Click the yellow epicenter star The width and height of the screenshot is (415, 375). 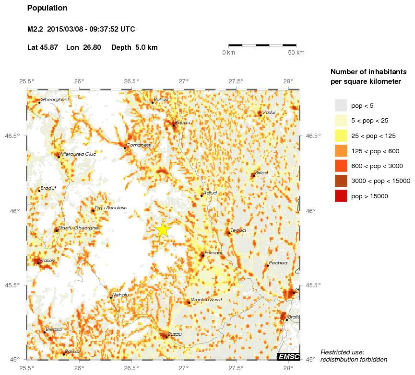point(163,229)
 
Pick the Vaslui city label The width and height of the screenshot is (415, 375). point(269,112)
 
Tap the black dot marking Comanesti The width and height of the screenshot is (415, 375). point(125,148)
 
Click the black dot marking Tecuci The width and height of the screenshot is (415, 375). point(229,233)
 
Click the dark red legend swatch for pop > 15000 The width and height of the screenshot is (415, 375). point(341,196)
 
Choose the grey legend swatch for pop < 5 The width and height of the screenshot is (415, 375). point(341,105)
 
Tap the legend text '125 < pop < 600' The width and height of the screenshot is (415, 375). point(375,151)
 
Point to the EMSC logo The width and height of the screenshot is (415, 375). point(289,356)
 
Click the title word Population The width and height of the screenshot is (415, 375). point(47,8)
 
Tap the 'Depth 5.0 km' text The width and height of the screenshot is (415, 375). point(134,47)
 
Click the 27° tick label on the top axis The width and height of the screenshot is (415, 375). point(184,82)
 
